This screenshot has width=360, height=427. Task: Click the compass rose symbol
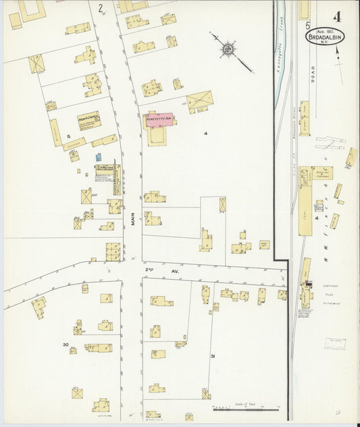229,49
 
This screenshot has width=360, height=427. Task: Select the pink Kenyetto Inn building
160,120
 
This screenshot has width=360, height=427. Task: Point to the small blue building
99,157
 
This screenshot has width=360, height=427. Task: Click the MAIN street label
134,220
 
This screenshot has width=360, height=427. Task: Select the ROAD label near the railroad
313,72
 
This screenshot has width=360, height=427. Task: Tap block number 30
66,345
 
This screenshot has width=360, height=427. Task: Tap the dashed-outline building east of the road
351,157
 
